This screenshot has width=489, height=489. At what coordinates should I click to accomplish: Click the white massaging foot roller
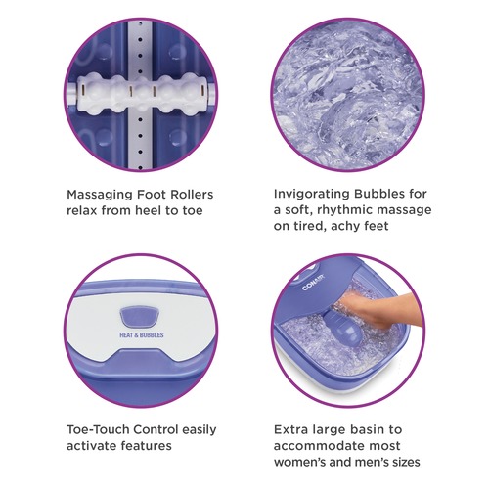[142, 94]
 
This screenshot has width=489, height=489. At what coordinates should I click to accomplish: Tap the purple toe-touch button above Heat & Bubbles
[140, 317]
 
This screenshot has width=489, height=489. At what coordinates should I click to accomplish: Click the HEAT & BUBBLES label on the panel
[142, 334]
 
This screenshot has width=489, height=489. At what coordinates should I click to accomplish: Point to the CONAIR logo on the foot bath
[313, 283]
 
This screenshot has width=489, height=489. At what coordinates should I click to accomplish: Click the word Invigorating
[311, 194]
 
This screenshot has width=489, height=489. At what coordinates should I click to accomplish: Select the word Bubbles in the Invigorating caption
[379, 194]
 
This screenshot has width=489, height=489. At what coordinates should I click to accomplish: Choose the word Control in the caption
[156, 429]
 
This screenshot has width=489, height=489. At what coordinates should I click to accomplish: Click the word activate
[91, 446]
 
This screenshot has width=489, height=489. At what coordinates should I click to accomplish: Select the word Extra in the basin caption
[290, 429]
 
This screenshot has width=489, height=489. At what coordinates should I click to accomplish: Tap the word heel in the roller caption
[148, 210]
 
